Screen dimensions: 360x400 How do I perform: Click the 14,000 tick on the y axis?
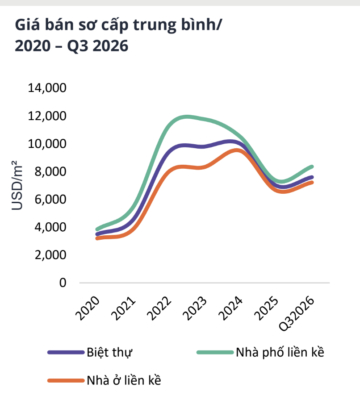click(x=47, y=88)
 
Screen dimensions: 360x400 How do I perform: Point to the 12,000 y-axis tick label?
click(x=47, y=116)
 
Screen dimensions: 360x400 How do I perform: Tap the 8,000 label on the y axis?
click(x=50, y=172)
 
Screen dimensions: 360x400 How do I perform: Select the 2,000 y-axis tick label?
click(x=50, y=255)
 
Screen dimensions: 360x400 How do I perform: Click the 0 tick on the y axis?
click(x=63, y=283)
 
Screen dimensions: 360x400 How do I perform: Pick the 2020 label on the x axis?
click(x=88, y=308)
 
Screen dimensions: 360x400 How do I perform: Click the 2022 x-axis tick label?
click(x=159, y=308)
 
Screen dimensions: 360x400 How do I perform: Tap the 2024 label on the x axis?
click(x=230, y=308)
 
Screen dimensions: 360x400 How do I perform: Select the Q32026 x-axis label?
click(x=297, y=314)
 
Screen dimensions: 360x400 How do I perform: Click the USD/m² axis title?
click(x=17, y=185)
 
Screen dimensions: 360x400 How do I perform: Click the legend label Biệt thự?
click(x=109, y=353)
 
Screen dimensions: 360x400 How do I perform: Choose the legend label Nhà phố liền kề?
click(x=280, y=352)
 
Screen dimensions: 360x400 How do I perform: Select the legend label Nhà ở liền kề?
click(x=124, y=381)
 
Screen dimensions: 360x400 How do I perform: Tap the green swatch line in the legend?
click(x=215, y=353)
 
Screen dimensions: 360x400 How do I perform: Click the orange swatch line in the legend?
click(x=66, y=381)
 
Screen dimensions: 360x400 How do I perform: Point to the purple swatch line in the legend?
click(x=66, y=353)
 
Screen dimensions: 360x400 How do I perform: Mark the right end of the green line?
click(x=312, y=167)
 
